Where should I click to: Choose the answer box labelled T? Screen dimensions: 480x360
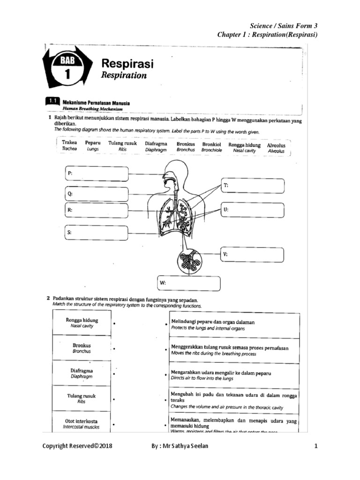[x=253, y=186]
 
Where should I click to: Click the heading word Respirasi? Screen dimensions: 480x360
[x=127, y=64]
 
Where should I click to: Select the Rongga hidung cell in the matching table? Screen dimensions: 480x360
[x=82, y=322]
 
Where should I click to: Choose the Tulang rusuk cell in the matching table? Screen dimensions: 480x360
[x=82, y=398]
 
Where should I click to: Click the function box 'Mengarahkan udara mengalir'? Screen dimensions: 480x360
[x=234, y=375]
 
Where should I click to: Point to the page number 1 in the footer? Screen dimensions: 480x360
[x=316, y=447]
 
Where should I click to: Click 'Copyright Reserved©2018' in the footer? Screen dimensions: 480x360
[x=77, y=447]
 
